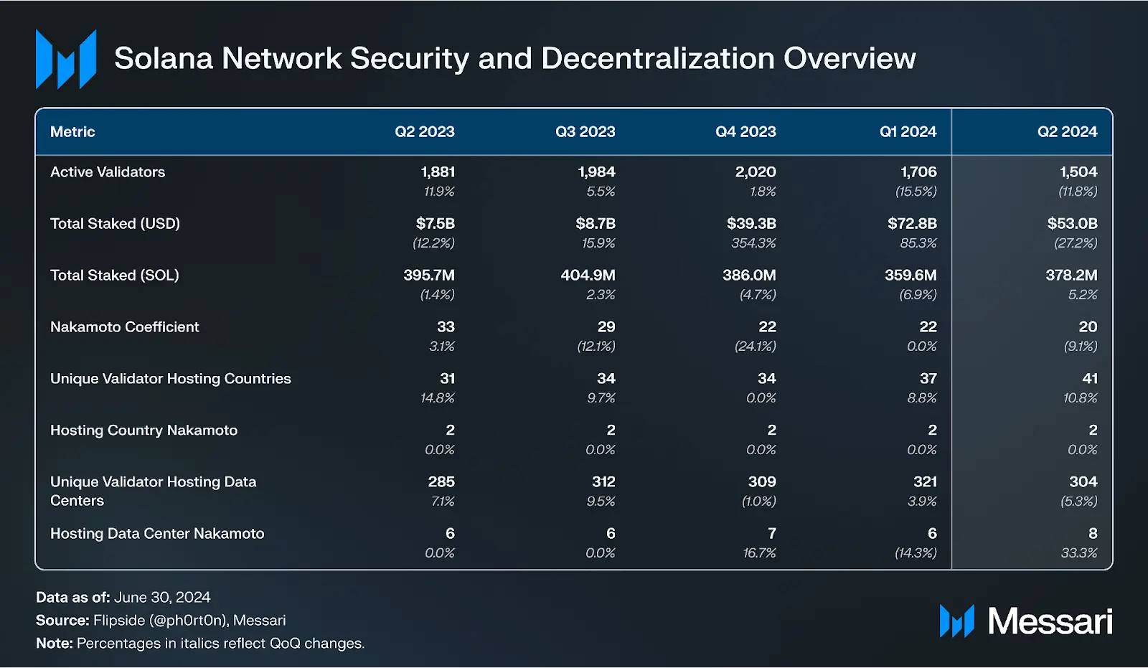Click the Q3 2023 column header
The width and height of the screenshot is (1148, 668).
click(x=585, y=132)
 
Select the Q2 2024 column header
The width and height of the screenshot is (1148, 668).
click(x=1067, y=132)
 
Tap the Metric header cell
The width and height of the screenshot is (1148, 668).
click(x=72, y=132)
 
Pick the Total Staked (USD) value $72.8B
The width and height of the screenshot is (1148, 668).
click(x=911, y=224)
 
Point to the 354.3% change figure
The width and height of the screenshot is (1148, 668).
click(x=753, y=243)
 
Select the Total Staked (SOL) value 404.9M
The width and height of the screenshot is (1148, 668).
click(x=588, y=276)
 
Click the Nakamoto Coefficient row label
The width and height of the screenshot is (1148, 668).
click(x=125, y=327)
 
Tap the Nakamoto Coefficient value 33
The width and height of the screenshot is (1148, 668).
click(x=446, y=327)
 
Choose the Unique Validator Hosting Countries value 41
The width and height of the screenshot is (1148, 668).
click(x=1090, y=379)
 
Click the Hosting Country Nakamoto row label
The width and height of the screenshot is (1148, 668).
click(x=143, y=431)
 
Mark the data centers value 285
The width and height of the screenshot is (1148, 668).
click(x=441, y=482)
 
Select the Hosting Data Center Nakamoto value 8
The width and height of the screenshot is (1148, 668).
click(x=1093, y=534)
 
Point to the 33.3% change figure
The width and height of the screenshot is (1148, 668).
click(x=1079, y=553)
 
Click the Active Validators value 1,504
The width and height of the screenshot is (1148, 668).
click(x=1078, y=172)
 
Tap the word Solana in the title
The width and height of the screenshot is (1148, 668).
click(x=163, y=59)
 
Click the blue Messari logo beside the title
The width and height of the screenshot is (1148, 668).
click(x=66, y=60)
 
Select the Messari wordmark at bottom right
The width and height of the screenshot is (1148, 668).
click(x=1050, y=621)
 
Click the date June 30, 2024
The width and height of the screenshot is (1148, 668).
click(x=162, y=598)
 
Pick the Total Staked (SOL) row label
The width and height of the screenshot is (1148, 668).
click(x=115, y=276)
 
